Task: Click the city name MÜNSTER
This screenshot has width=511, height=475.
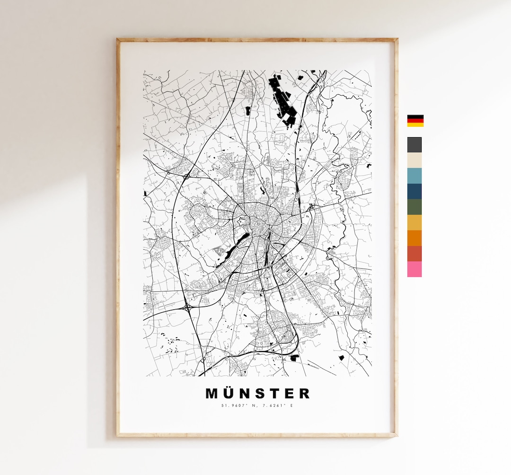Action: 258,393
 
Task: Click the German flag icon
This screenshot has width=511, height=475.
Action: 415,121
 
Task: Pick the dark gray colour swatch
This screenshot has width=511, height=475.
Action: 414,145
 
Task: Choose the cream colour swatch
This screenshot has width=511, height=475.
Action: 414,160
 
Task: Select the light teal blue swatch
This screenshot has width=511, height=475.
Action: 414,176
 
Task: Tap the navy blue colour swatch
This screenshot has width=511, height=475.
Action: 414,191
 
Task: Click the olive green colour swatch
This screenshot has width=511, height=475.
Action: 414,207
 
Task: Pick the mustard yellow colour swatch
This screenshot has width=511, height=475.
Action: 414,222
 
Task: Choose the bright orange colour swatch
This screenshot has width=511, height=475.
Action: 414,238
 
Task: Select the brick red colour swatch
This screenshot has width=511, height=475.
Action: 414,254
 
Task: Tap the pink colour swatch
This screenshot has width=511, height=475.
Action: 414,269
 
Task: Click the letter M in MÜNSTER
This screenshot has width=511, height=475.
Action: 211,393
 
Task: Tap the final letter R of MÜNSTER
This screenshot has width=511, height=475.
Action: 304,393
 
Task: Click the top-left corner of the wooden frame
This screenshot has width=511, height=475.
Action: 118,40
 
